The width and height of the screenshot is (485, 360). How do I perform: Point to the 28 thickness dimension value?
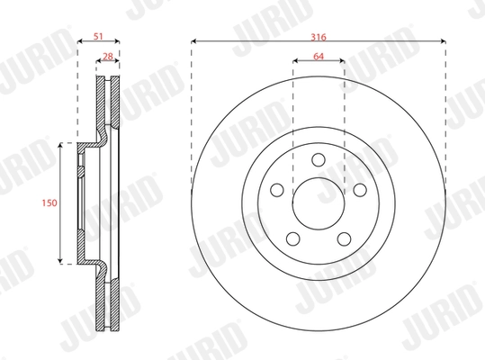tap(108, 57)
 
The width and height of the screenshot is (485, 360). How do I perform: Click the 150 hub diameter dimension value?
tap(49, 203)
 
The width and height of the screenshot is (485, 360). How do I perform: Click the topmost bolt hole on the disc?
tap(319, 159)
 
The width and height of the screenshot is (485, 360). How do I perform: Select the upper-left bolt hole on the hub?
tap(278, 191)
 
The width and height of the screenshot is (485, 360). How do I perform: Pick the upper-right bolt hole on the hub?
tap(360, 190)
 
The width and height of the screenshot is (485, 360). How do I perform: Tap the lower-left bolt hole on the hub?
tap(293, 238)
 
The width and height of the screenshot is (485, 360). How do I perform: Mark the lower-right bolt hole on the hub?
tap(345, 238)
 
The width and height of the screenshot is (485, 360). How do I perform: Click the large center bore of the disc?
tap(319, 202)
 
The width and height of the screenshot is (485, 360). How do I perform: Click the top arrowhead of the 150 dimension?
tap(60, 144)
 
